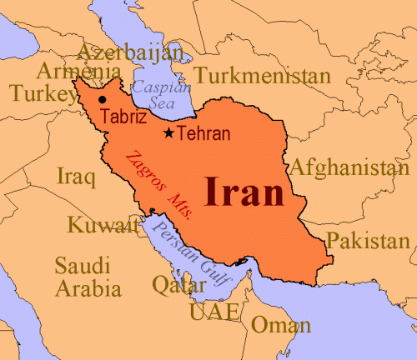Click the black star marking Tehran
[169, 132]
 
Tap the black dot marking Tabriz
[103, 100]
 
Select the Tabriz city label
[123, 117]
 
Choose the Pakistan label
[369, 242]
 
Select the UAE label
[214, 312]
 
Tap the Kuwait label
[103, 225]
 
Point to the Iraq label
[71, 176]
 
